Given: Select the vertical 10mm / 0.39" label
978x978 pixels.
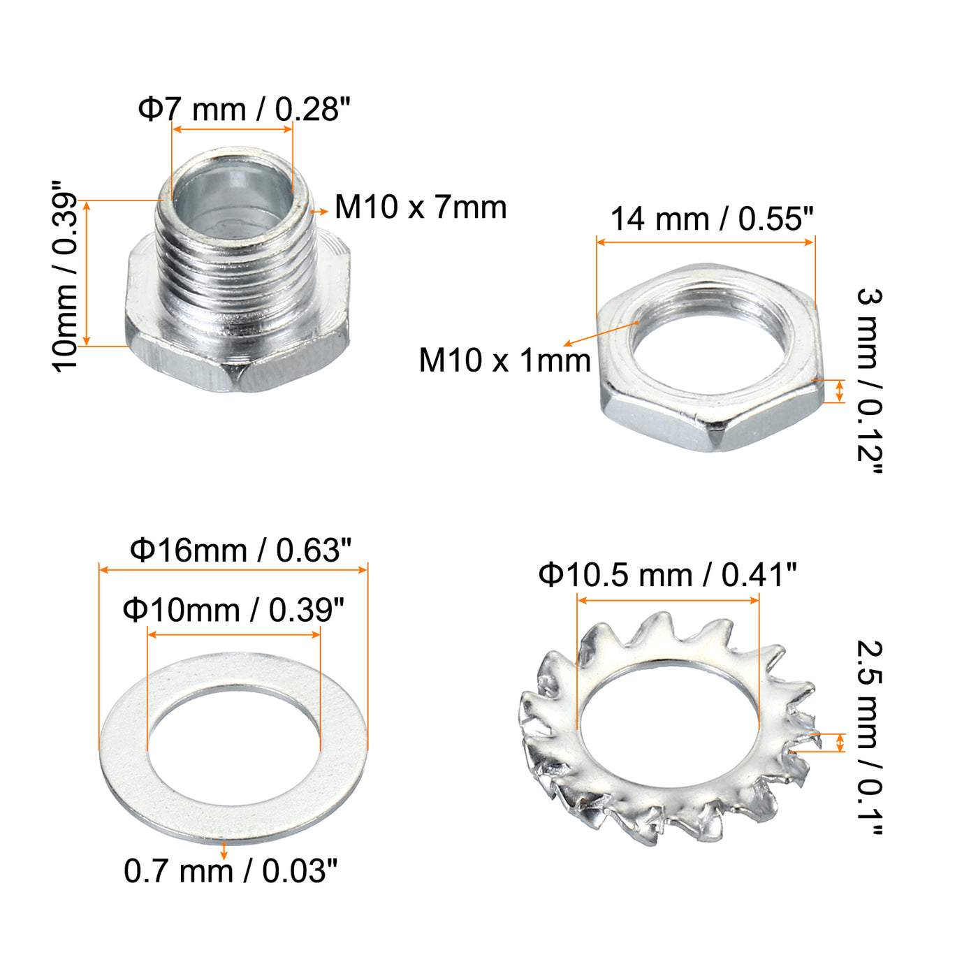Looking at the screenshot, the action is (65, 277).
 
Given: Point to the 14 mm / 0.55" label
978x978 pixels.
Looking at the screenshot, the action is (712, 219).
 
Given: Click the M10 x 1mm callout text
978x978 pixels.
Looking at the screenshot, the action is (505, 360).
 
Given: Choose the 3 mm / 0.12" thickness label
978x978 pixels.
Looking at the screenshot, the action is (870, 381).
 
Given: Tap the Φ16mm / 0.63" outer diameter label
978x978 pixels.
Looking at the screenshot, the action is (240, 550).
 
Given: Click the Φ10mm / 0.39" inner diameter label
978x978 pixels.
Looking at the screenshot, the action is (233, 610).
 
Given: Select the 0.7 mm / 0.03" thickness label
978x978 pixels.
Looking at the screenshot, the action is (231, 871).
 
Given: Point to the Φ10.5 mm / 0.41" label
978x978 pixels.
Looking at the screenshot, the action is (668, 575).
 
